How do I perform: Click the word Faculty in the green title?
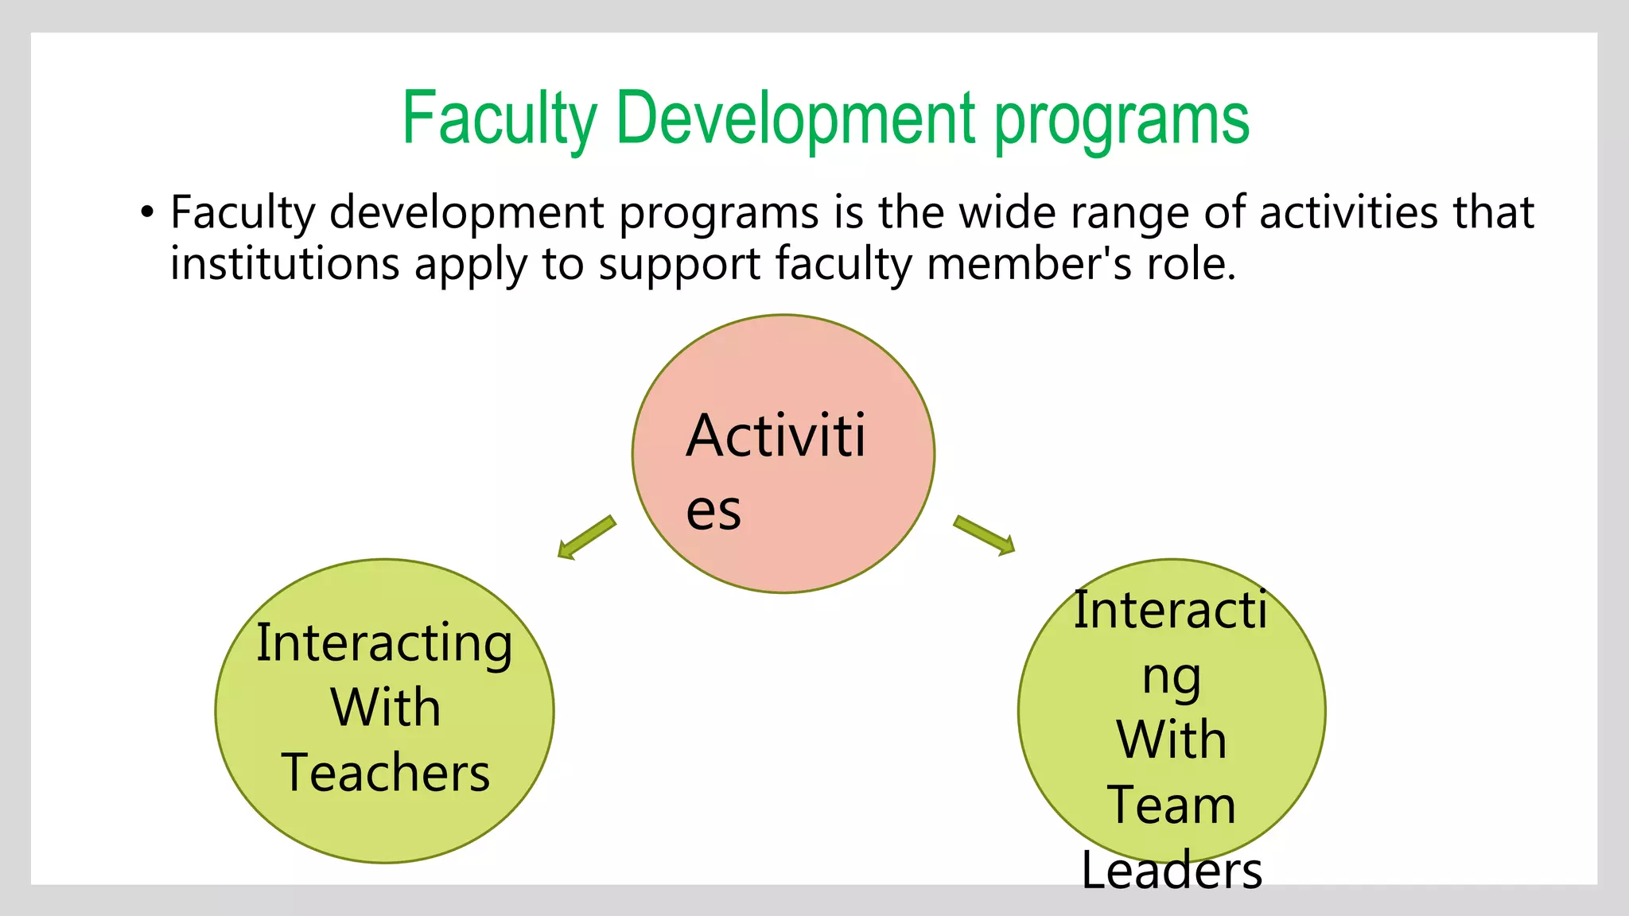pyautogui.click(x=499, y=119)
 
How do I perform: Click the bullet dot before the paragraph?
pyautogui.click(x=146, y=213)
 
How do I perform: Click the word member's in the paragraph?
pyautogui.click(x=1029, y=264)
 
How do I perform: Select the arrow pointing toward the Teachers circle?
pyautogui.click(x=587, y=538)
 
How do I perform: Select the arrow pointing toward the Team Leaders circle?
pyautogui.click(x=985, y=535)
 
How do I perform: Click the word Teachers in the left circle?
pyautogui.click(x=386, y=773)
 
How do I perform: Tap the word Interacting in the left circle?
pyautogui.click(x=384, y=644)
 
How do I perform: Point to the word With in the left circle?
pyautogui.click(x=386, y=708)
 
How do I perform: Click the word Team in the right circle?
pyautogui.click(x=1171, y=805)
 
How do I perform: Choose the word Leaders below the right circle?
pyautogui.click(x=1172, y=871)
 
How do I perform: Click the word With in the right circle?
pyautogui.click(x=1171, y=739)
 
